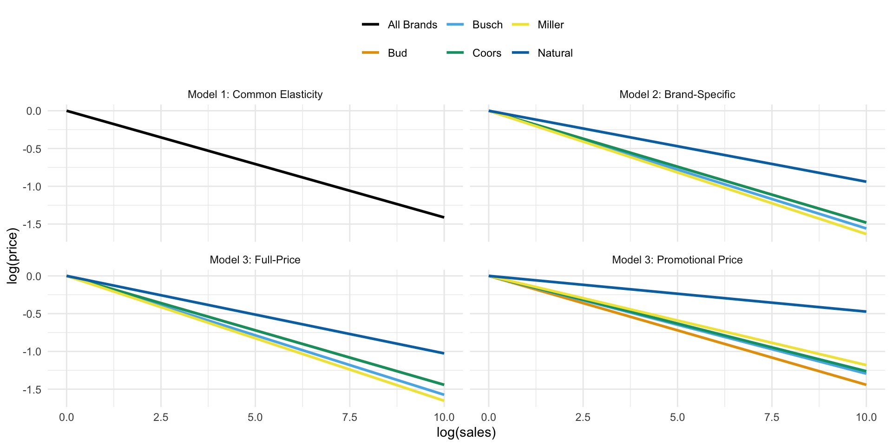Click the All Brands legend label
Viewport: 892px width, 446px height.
412,25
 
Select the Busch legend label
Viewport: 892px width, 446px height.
487,25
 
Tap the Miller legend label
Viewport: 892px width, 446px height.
551,25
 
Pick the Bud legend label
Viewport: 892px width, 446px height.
397,53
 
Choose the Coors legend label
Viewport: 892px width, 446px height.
486,53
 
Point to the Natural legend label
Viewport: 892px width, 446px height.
555,53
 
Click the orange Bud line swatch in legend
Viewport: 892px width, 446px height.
371,53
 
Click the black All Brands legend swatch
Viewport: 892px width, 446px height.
371,25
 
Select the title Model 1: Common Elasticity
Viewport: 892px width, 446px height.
255,95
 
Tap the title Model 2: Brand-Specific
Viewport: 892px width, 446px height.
677,95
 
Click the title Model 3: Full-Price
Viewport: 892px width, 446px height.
255,260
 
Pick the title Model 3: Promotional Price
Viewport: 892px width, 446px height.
677,260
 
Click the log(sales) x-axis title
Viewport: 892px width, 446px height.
466,433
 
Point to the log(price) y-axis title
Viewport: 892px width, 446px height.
13,256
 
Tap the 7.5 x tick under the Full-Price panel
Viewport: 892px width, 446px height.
349,417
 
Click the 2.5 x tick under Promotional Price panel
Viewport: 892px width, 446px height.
583,417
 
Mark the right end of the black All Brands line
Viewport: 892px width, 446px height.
444,217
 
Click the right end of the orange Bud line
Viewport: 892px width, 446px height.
866,385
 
